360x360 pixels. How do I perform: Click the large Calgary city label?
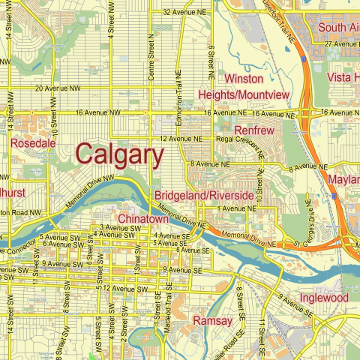pos(120,155)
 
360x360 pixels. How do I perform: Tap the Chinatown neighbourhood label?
pos(143,218)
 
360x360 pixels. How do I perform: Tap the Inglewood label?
pos(324,298)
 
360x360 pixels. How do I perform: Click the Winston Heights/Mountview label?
pos(244,87)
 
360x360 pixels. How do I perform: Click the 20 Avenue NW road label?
pos(56,88)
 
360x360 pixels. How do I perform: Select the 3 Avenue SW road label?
pos(118,227)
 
